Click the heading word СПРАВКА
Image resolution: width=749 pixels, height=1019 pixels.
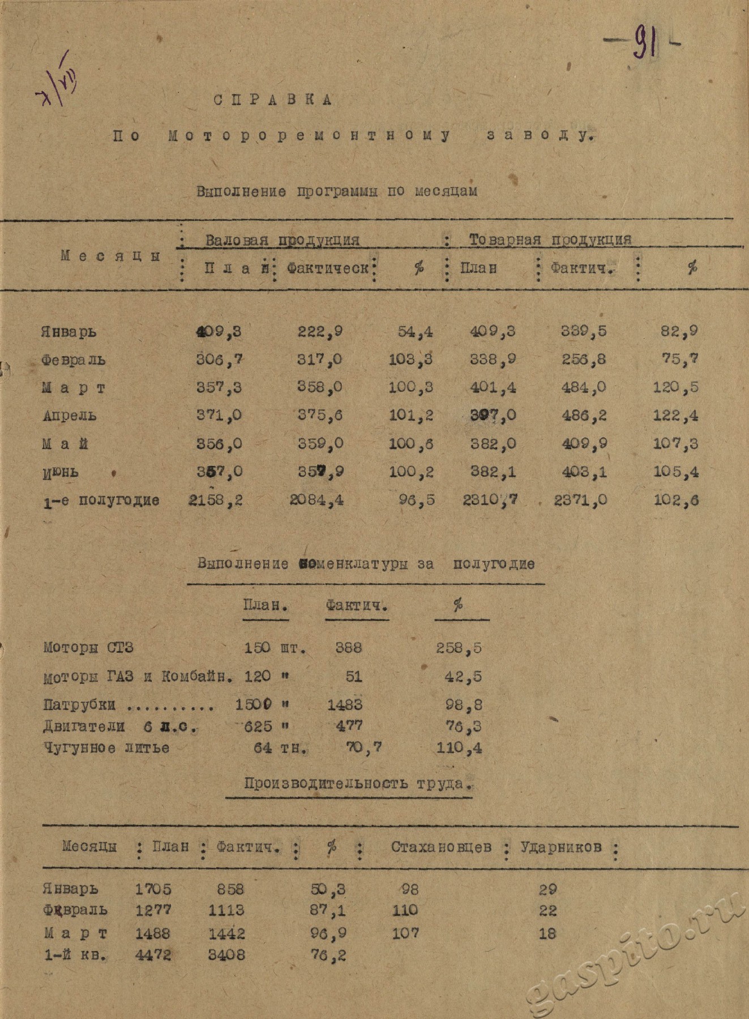point(273,100)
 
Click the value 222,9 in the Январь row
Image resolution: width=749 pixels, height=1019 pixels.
point(320,332)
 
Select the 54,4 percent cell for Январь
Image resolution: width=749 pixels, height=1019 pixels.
point(416,332)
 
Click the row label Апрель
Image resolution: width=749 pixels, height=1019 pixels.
point(70,416)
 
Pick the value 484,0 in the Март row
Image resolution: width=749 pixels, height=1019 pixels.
point(584,388)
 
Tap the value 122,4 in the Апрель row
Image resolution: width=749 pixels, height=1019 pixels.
point(676,416)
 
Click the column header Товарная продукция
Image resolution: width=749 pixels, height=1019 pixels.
point(550,240)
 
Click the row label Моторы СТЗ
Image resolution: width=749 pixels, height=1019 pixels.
point(88,648)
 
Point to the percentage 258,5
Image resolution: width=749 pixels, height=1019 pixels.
point(459,648)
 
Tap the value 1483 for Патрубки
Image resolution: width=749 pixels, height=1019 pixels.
point(345,705)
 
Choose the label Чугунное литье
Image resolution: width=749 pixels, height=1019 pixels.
point(106,748)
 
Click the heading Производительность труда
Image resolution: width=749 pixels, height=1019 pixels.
point(357,784)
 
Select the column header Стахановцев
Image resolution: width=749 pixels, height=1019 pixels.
point(441,847)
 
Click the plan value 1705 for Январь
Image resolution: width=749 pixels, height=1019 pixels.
point(153,889)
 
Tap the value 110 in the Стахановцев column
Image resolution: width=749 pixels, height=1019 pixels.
point(405,910)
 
